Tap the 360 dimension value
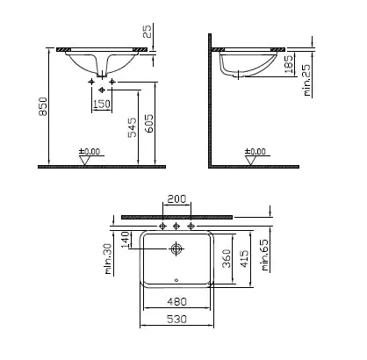[x=227, y=259]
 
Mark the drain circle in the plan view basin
[x=177, y=250]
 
